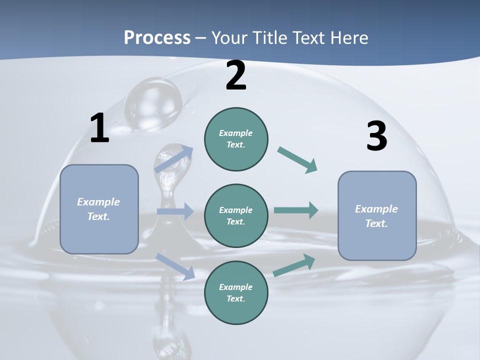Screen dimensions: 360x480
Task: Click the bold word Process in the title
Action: click(x=157, y=38)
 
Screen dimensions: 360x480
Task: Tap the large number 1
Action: click(x=99, y=128)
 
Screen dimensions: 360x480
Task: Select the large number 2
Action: click(x=236, y=76)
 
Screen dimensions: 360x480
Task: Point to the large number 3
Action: click(x=376, y=136)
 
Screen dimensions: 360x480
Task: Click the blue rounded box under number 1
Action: click(x=99, y=209)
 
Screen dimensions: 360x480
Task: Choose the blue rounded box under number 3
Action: click(x=377, y=216)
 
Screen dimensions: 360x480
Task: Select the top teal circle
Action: click(x=236, y=139)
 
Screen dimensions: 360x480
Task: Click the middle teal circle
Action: click(x=236, y=216)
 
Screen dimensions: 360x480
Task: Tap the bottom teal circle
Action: click(x=236, y=293)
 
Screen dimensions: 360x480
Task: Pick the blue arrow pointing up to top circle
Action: click(x=174, y=159)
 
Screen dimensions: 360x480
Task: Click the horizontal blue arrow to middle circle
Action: click(x=175, y=211)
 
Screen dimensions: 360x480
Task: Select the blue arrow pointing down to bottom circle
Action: click(x=175, y=266)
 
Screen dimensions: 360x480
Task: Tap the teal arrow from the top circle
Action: click(x=297, y=160)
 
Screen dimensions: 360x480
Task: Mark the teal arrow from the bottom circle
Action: click(x=294, y=265)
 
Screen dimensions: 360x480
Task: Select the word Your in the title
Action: click(x=229, y=38)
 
